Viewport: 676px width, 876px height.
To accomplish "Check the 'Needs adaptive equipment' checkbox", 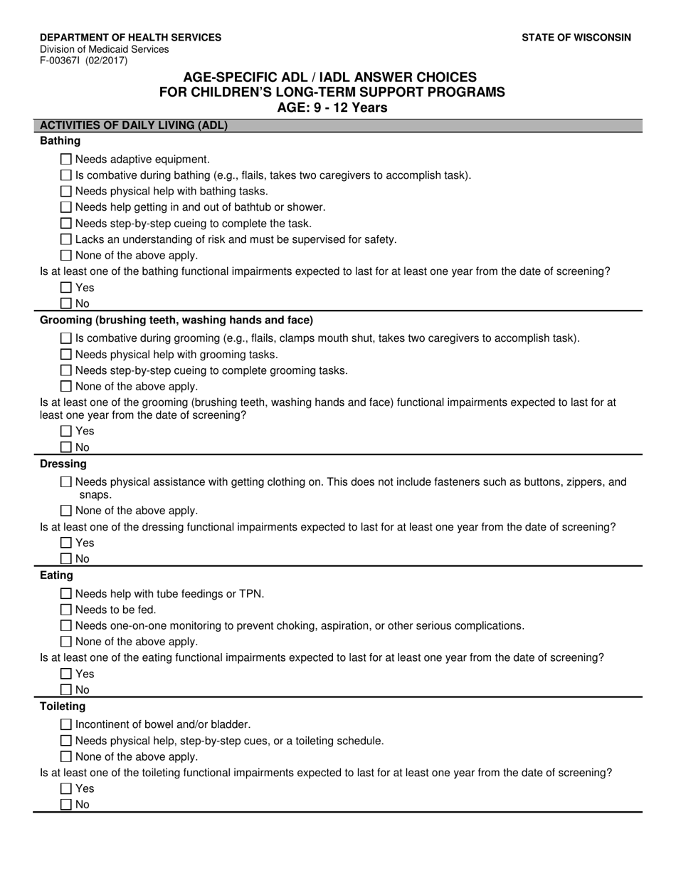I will coord(66,160).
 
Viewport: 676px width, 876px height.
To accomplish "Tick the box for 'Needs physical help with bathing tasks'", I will coord(66,191).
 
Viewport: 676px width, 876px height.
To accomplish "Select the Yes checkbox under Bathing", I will coord(66,288).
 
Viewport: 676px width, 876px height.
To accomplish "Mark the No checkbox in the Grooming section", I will coord(66,447).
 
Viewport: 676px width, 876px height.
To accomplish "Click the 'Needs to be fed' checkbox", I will coord(66,610).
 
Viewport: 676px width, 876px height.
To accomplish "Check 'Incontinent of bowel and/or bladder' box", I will coord(66,724).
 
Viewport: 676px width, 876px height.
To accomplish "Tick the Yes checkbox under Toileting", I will coord(66,788).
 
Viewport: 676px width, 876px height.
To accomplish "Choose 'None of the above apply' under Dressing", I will coord(66,511).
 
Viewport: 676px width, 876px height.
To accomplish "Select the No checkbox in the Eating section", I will coord(66,689).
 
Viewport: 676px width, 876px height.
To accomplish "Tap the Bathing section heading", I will coord(60,141).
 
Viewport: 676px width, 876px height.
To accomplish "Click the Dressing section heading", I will coord(63,464).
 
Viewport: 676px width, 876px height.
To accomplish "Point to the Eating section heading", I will coord(56,575).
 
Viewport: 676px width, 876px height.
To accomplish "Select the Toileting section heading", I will coord(63,706).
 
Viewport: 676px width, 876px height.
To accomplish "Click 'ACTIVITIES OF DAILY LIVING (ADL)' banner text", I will coord(134,125).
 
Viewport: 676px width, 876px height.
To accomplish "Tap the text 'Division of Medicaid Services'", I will coord(105,50).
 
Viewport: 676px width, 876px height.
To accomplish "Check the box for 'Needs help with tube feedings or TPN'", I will coord(66,594).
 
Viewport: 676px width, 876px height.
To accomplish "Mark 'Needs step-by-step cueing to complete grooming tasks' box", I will coord(66,370).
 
